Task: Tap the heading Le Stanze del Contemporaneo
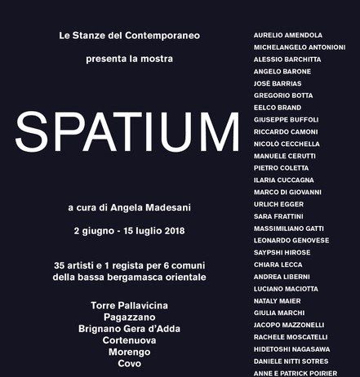[x=130, y=37]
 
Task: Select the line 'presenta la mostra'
[x=129, y=59]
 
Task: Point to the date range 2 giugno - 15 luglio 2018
[x=129, y=231]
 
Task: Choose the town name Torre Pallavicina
[x=129, y=305]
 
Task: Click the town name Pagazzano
[x=129, y=317]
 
